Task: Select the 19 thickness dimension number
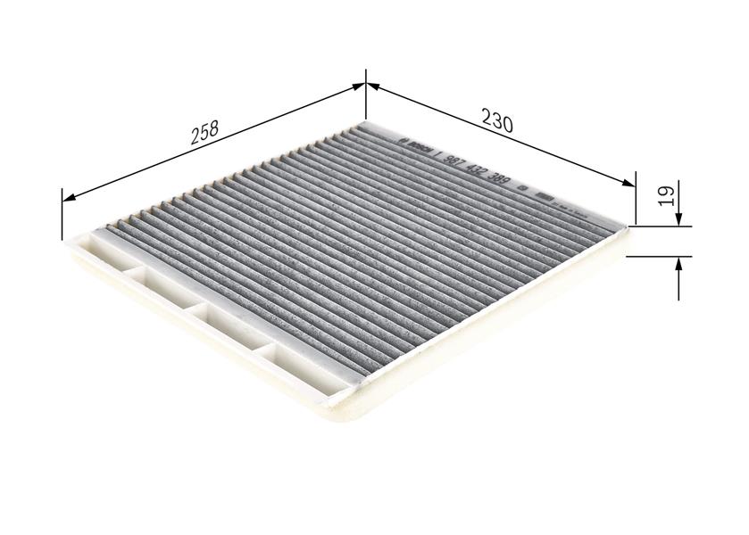coord(665,197)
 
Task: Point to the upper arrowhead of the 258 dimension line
coord(359,86)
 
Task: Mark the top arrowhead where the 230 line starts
coord(373,86)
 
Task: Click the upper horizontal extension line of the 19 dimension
coord(661,226)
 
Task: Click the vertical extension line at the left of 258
coord(62,214)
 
